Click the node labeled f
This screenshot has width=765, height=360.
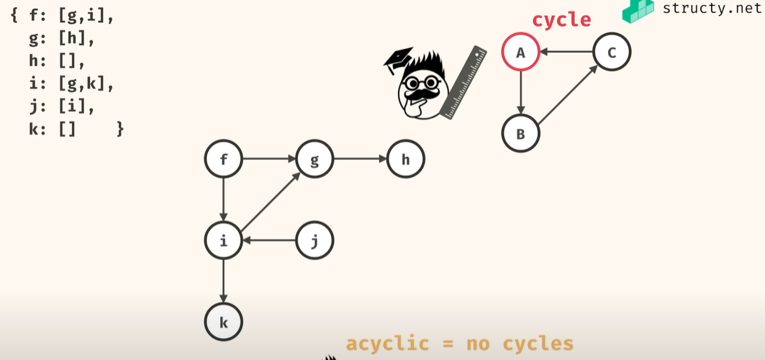click(x=224, y=160)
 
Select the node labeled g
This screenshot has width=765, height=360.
click(x=314, y=160)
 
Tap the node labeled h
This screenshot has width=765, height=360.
click(x=405, y=160)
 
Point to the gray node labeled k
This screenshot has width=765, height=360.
click(x=224, y=322)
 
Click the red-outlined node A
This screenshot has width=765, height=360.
click(x=520, y=52)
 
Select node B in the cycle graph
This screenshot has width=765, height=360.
click(x=520, y=133)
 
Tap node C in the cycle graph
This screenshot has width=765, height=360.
click(x=612, y=52)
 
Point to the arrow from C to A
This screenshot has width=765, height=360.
click(x=566, y=52)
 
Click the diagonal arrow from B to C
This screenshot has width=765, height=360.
click(x=567, y=94)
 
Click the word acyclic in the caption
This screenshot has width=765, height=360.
click(x=387, y=343)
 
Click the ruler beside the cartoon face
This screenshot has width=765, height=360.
click(x=465, y=83)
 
